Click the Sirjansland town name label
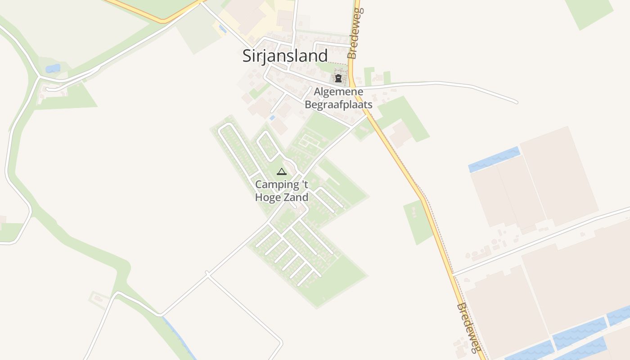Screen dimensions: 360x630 [x=285, y=56]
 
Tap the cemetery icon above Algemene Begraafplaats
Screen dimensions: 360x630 [x=338, y=79]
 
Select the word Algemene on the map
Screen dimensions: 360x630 [x=338, y=92]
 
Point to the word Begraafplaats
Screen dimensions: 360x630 [x=338, y=104]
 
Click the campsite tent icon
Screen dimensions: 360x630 [x=282, y=171]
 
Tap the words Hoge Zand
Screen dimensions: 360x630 [x=282, y=197]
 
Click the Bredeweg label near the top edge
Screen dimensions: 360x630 [x=354, y=34]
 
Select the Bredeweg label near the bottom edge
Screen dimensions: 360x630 [x=467, y=328]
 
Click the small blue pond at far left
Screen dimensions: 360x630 [x=53, y=68]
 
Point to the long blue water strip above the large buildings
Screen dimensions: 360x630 [x=494, y=159]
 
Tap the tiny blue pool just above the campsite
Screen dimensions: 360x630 [x=272, y=118]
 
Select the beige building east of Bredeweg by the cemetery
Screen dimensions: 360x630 [x=400, y=134]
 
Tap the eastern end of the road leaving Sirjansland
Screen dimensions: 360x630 [x=516, y=102]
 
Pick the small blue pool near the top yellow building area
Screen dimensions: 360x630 [x=222, y=29]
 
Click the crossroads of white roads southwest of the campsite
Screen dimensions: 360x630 [x=207, y=274]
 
